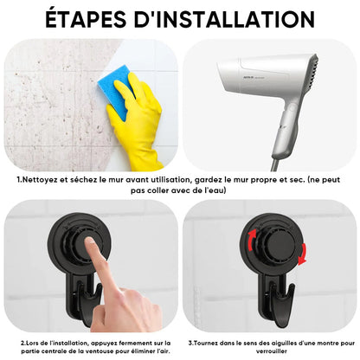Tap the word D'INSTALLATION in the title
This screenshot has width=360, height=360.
click(x=224, y=19)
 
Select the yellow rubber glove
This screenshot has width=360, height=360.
click(x=138, y=122)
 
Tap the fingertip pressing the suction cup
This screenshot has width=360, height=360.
click(x=90, y=241)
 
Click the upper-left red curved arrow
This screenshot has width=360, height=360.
click(x=251, y=239)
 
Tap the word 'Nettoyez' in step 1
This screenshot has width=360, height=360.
click(x=40, y=180)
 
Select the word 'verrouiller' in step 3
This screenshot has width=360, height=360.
click(x=272, y=351)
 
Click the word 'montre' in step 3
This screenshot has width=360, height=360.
click(x=328, y=344)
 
